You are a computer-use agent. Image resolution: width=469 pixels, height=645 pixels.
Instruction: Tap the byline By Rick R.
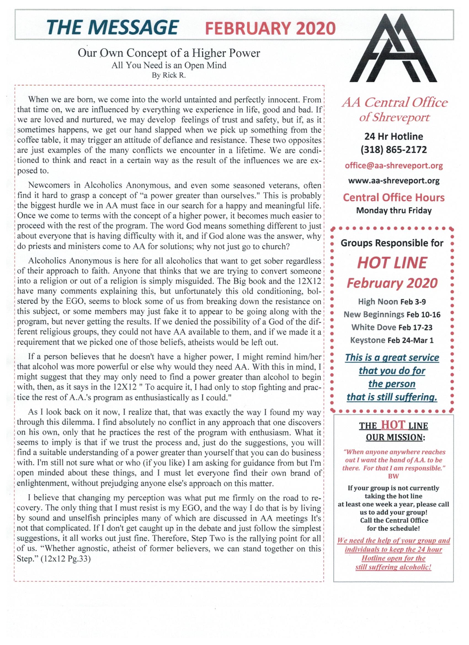click(x=169, y=76)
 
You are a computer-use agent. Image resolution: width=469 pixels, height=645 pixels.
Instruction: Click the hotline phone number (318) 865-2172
click(x=394, y=150)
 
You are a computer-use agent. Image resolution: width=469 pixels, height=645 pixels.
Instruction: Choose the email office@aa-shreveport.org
click(x=394, y=166)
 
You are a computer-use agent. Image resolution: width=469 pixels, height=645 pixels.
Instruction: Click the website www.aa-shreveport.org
click(x=394, y=181)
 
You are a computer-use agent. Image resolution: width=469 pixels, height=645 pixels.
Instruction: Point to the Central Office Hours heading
click(x=394, y=197)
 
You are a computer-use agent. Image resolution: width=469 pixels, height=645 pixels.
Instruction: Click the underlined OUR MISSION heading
click(x=394, y=437)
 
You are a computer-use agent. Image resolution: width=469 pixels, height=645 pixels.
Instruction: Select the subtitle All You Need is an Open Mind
click(x=169, y=65)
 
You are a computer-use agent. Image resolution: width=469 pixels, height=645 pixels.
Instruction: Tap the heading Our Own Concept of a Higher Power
click(x=169, y=53)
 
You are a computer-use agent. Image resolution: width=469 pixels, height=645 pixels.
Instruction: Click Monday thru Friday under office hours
click(x=394, y=211)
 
